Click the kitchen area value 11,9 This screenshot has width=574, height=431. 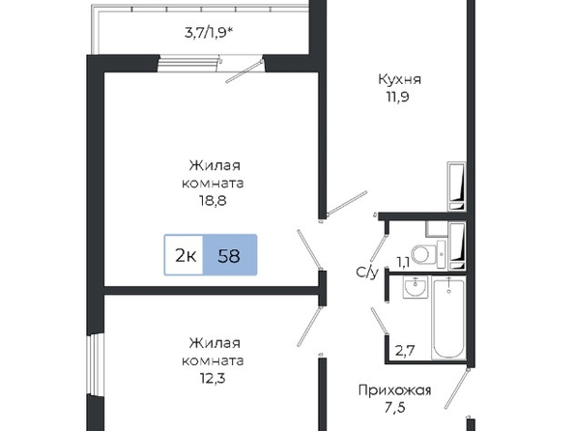(397, 97)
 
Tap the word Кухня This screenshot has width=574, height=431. (399, 79)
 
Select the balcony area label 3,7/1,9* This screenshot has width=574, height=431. (209, 33)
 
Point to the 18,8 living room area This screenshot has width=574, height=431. (213, 200)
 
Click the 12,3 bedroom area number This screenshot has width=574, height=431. (213, 378)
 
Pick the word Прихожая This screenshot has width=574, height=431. (394, 390)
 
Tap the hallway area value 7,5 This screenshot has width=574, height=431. (395, 408)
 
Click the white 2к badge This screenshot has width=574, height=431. (184, 255)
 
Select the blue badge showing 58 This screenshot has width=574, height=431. (230, 255)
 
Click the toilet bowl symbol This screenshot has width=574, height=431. (424, 254)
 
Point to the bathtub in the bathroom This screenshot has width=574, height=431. (448, 318)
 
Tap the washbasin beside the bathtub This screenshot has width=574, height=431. (416, 287)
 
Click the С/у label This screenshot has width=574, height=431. (367, 273)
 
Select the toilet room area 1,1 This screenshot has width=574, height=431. (403, 262)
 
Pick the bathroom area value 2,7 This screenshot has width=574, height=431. (405, 351)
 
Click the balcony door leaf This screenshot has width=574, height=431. (244, 72)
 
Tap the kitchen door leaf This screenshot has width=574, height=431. (347, 203)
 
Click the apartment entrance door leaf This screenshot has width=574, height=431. (457, 388)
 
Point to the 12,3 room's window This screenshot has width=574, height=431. (95, 365)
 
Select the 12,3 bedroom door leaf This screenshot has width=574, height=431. (310, 327)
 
